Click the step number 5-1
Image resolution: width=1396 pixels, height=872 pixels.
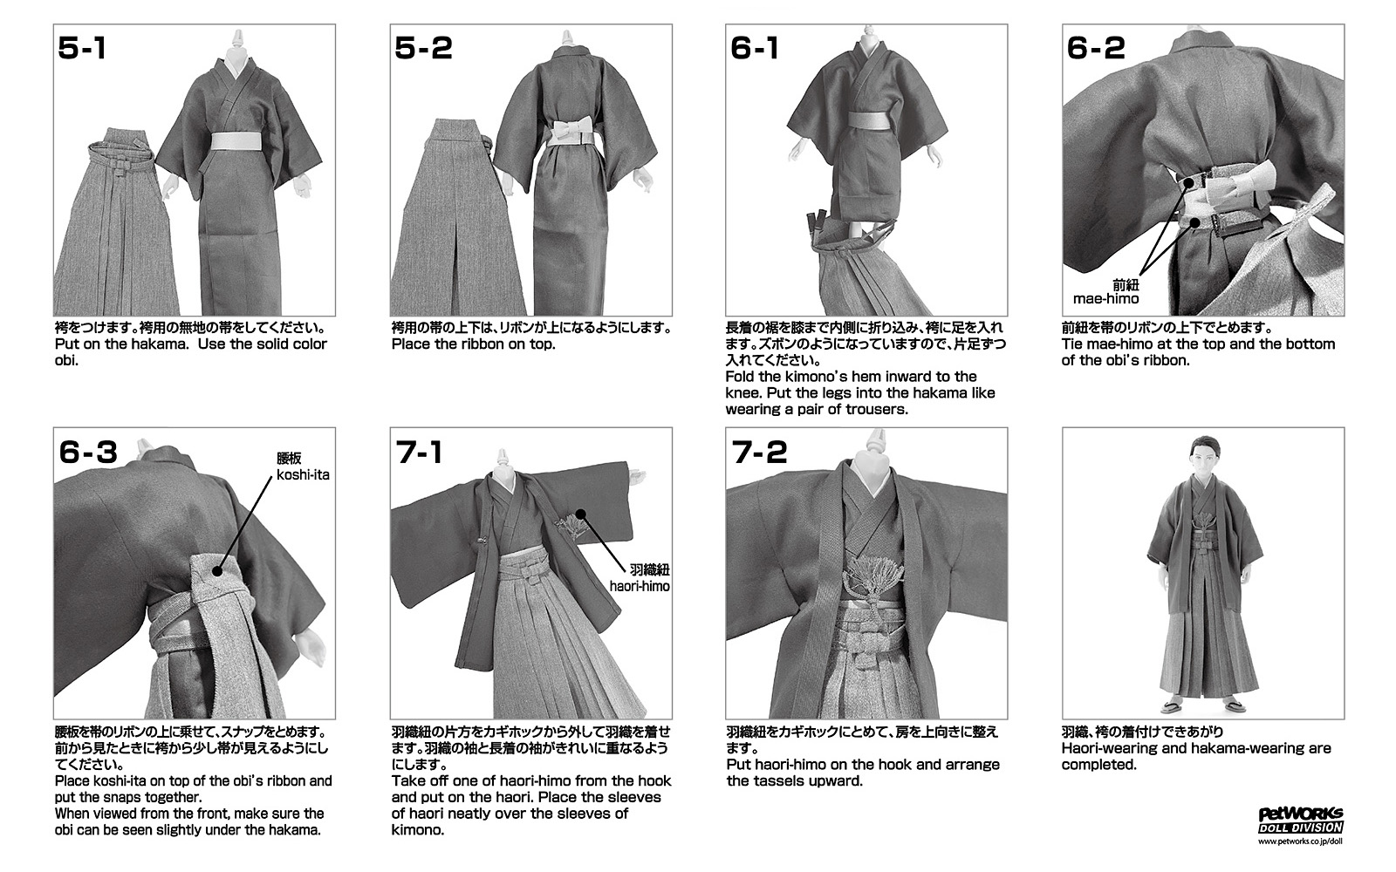[82, 48]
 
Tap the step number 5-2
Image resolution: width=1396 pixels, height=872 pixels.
[423, 48]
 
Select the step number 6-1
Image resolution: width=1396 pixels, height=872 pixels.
[755, 48]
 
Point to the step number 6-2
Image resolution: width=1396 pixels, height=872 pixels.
[1096, 48]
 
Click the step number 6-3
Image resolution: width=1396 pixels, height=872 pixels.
[88, 452]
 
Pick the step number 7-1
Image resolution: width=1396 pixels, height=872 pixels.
[419, 452]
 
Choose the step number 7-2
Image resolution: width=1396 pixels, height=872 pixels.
[760, 452]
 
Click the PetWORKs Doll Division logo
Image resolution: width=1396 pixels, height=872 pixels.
[1301, 821]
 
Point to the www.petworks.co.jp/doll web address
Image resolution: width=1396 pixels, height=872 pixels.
[1300, 841]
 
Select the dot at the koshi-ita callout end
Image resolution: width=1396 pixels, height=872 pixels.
[217, 570]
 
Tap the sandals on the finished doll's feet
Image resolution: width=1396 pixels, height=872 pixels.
[1204, 706]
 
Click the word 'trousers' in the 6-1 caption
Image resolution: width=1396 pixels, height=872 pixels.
[873, 409]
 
